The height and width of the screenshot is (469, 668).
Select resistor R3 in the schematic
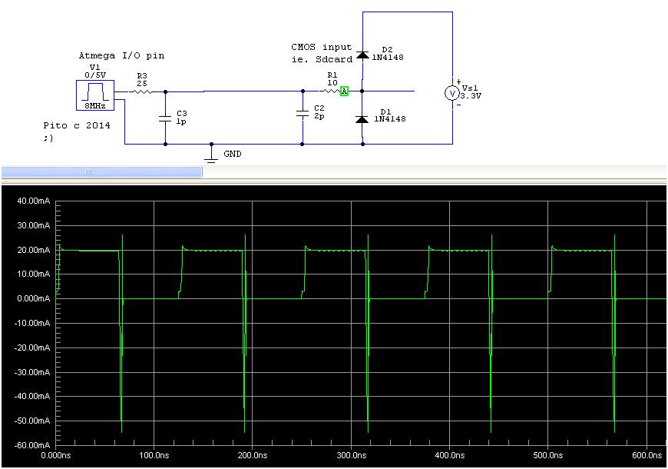click(x=141, y=91)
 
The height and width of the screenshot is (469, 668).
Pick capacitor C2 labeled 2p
click(x=303, y=114)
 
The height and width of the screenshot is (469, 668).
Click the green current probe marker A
click(x=345, y=91)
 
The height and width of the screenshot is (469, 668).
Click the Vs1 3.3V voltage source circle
click(x=452, y=93)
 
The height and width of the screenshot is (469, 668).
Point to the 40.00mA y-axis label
click(x=31, y=201)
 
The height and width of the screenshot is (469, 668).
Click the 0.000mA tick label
click(x=32, y=299)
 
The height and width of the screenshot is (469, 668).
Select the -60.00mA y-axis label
click(x=31, y=446)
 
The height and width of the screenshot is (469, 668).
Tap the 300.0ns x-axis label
click(x=351, y=455)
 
